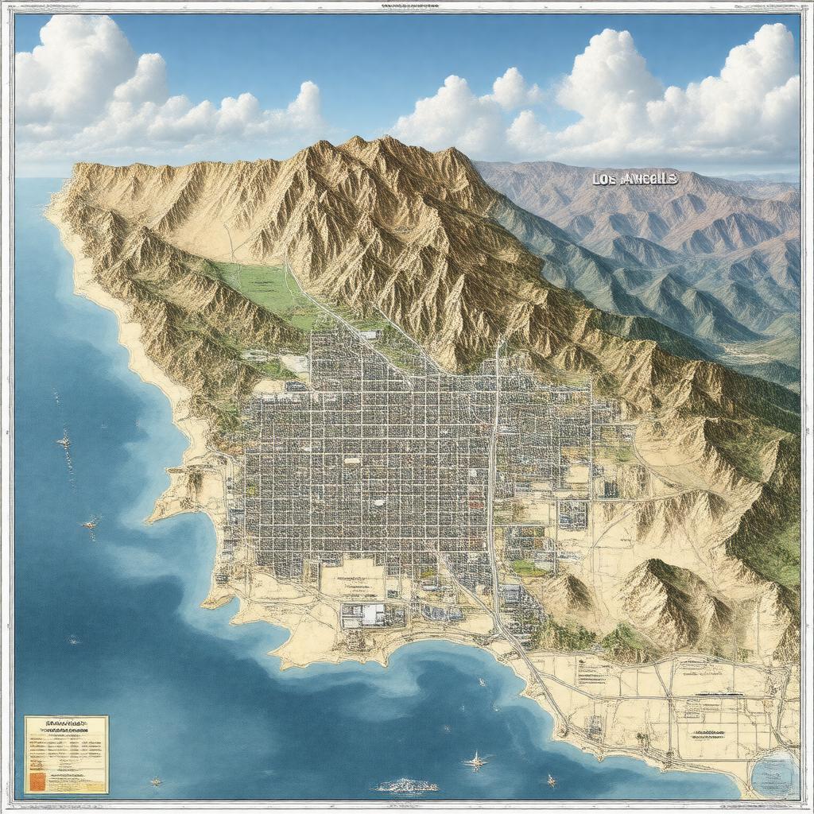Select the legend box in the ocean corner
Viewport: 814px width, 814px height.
pyautogui.click(x=66, y=754)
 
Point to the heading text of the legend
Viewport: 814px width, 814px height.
pyautogui.click(x=66, y=723)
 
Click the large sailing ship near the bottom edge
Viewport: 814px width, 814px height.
pyautogui.click(x=476, y=761)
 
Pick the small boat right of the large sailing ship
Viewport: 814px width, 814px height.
pyautogui.click(x=550, y=780)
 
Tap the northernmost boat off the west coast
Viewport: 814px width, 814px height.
pyautogui.click(x=64, y=440)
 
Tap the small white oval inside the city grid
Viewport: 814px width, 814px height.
pyautogui.click(x=379, y=502)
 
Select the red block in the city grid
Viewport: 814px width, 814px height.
pyautogui.click(x=475, y=502)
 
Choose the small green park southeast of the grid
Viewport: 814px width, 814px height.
pyautogui.click(x=528, y=568)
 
